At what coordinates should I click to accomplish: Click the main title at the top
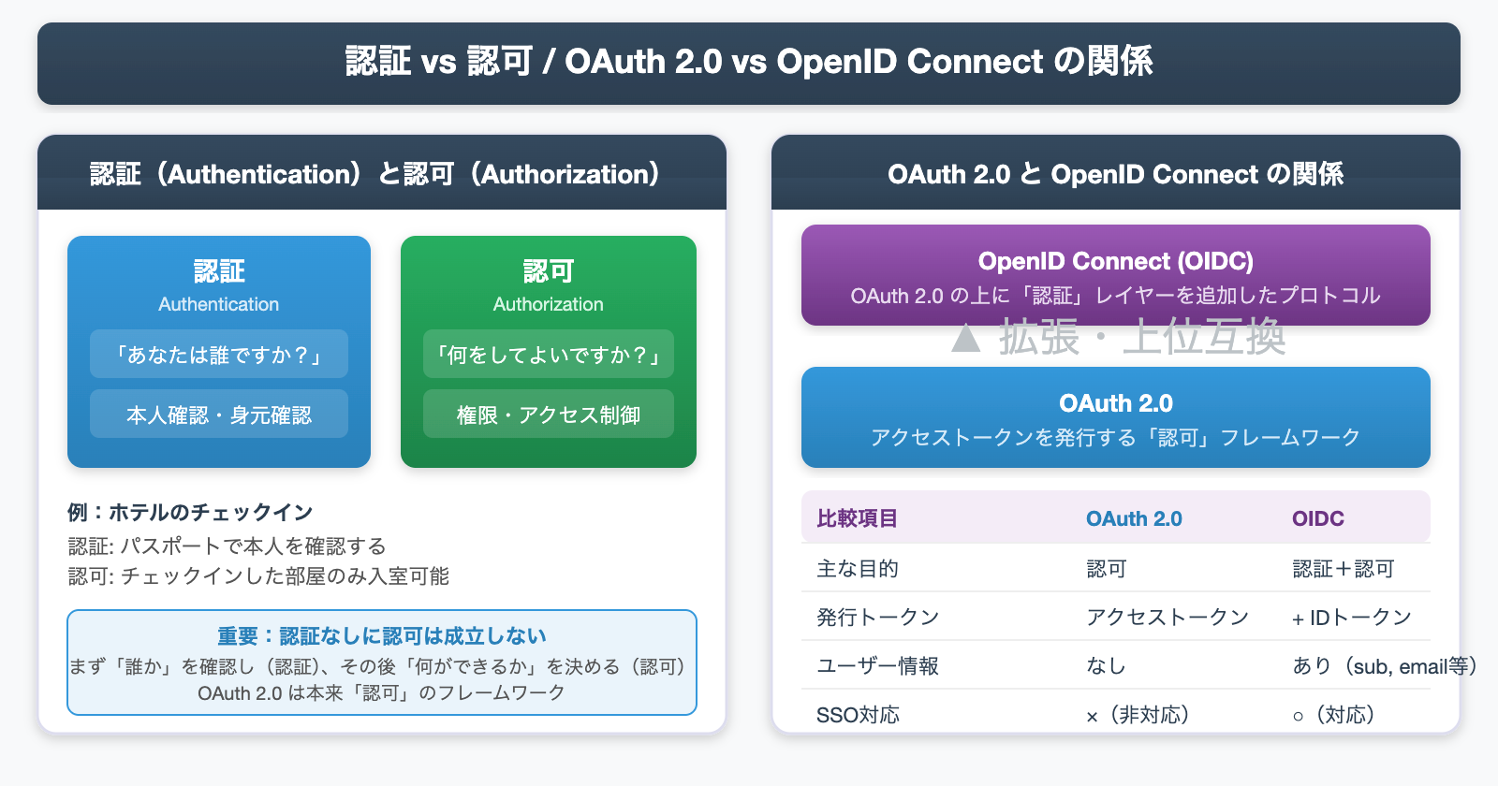pyautogui.click(x=749, y=62)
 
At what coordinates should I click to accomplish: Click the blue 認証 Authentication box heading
pyautogui.click(x=219, y=271)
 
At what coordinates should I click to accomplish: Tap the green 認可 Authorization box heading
pyautogui.click(x=549, y=271)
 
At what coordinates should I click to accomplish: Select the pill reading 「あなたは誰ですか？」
pyautogui.click(x=219, y=355)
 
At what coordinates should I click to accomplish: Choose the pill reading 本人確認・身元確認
pyautogui.click(x=219, y=415)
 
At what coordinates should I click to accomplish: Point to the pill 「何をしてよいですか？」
pyautogui.click(x=549, y=355)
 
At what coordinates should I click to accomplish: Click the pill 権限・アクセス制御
pyautogui.click(x=549, y=415)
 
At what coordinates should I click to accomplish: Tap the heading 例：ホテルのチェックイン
pyautogui.click(x=190, y=512)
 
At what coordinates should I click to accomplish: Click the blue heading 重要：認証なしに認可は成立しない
pyautogui.click(x=382, y=636)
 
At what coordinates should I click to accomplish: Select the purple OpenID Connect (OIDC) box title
pyautogui.click(x=1116, y=261)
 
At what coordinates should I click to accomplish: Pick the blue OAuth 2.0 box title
pyautogui.click(x=1116, y=403)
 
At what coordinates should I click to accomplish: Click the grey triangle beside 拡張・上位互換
pyautogui.click(x=966, y=338)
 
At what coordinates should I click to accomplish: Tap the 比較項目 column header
pyautogui.click(x=857, y=518)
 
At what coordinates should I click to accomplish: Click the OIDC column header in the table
pyautogui.click(x=1318, y=518)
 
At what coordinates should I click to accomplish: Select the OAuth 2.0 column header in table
pyautogui.click(x=1134, y=518)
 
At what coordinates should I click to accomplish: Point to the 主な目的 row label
pyautogui.click(x=857, y=569)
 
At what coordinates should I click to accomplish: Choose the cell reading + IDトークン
pyautogui.click(x=1352, y=618)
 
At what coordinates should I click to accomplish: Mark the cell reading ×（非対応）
pyautogui.click(x=1138, y=715)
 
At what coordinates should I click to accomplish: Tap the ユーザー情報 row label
pyautogui.click(x=877, y=666)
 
